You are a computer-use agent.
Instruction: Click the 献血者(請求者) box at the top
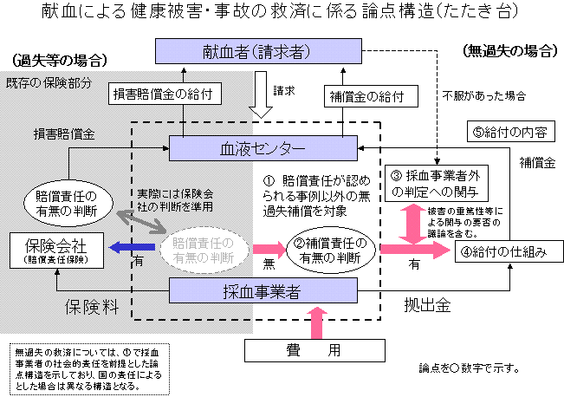pos(256,51)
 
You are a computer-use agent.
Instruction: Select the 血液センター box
pos(262,149)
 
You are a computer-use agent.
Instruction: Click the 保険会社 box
pos(49,249)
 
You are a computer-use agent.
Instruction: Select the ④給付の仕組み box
pos(511,251)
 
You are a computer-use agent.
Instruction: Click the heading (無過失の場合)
pos(508,50)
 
